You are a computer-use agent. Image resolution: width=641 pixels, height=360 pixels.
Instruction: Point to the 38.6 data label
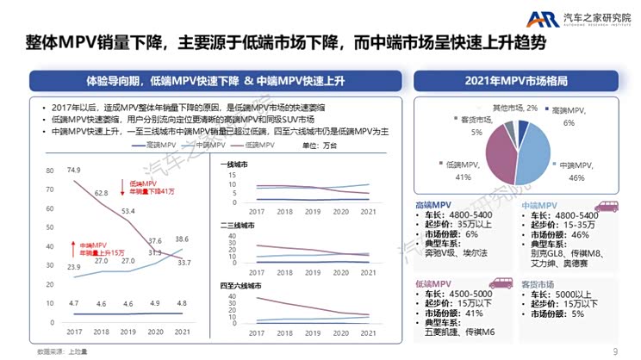(x=182, y=239)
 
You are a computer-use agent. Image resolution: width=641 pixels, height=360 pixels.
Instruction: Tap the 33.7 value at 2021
(x=184, y=263)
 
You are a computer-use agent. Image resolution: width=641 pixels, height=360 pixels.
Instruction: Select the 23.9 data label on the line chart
(x=73, y=268)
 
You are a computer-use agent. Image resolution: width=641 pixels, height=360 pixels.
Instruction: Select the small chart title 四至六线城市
(x=241, y=285)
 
